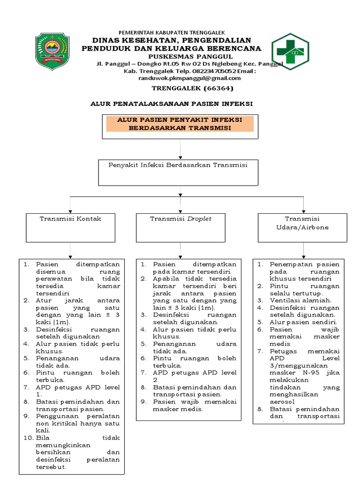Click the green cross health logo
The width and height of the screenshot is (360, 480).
(x=290, y=52)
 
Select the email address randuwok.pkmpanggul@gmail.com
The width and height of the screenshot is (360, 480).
(x=189, y=78)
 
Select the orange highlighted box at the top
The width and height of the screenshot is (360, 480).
(x=180, y=124)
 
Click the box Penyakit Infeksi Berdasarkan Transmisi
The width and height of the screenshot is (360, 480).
(x=178, y=172)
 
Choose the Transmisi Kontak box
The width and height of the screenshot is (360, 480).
(x=70, y=227)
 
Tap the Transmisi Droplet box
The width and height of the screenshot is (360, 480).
(x=181, y=227)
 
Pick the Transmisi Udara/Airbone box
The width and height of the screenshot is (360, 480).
(x=302, y=227)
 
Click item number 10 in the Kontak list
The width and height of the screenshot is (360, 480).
(x=70, y=452)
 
